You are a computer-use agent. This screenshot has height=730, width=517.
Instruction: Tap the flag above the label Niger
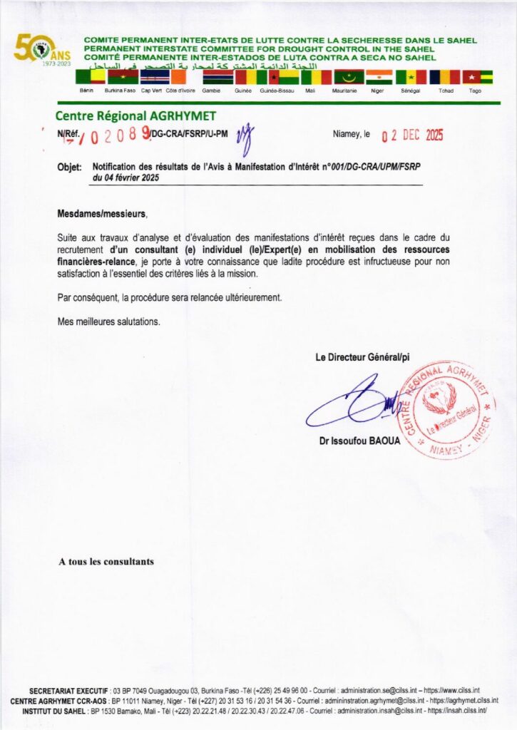coord(379,77)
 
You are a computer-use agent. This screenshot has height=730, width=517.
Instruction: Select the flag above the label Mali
coord(317,77)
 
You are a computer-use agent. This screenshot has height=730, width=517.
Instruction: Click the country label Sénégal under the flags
coord(411,91)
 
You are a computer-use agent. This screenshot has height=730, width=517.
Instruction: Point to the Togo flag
coord(477,77)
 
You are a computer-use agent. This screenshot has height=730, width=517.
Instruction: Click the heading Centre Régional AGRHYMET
coord(135,116)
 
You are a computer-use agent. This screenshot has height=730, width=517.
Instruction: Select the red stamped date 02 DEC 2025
coord(412,135)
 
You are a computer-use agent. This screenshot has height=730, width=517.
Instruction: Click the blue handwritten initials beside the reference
coord(246,138)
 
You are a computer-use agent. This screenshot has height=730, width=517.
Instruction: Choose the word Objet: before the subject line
coord(70,168)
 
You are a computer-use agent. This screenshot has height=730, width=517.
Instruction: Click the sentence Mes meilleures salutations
coord(109,322)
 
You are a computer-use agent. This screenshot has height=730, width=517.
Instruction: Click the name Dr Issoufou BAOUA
coord(360,441)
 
